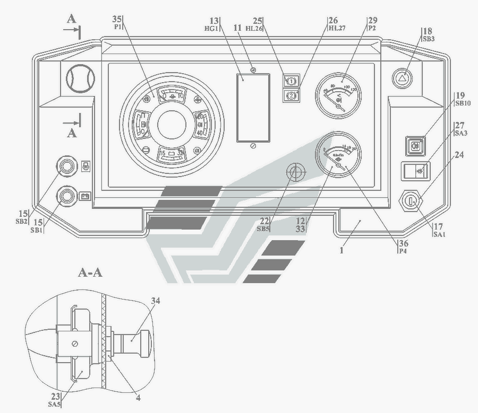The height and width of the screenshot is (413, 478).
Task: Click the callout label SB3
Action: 428,39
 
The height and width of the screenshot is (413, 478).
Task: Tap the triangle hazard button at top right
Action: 404,77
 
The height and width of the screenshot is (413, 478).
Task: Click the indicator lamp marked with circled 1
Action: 291,81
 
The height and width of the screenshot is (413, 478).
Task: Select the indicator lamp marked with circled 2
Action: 291,95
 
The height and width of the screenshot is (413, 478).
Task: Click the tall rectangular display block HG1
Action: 253,108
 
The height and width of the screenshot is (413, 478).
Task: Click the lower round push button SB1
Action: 66,196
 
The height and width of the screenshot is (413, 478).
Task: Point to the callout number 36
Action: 404,243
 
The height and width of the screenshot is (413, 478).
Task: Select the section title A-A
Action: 90,273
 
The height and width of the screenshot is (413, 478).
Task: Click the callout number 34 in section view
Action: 155,301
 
